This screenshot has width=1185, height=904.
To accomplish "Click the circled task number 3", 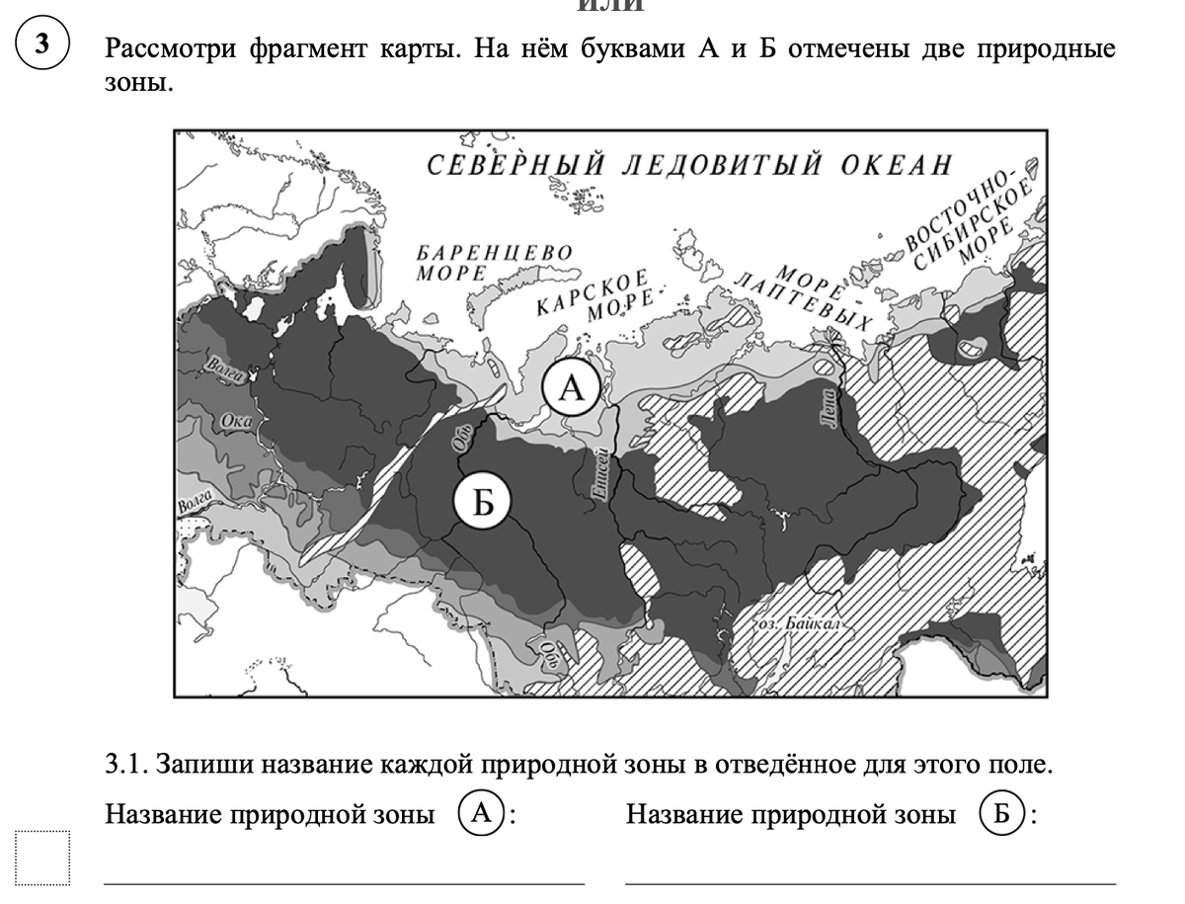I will (x=41, y=45).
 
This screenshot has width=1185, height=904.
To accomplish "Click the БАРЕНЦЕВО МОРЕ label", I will (x=495, y=261).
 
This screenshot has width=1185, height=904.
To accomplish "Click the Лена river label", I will (x=828, y=409).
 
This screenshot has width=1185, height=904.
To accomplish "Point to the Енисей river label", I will (x=596, y=475).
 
